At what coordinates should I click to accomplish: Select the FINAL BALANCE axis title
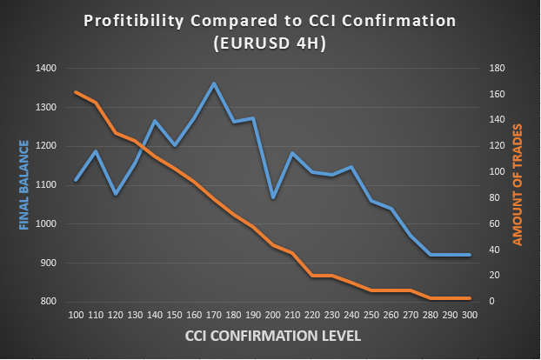tap(24, 185)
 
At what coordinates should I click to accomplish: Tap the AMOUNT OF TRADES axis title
tap(518, 185)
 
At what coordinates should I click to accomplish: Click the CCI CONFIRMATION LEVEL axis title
tap(272, 334)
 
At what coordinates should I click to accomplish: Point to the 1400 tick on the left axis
tap(45, 69)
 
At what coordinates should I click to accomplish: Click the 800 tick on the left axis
tap(48, 302)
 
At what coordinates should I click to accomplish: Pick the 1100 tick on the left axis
tap(45, 185)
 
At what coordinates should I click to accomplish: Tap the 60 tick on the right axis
tap(491, 224)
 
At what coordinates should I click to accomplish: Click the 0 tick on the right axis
tap(489, 302)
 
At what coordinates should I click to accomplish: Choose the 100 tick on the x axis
tap(77, 314)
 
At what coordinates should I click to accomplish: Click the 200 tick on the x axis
tap(273, 314)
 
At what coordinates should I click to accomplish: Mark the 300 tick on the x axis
tap(470, 314)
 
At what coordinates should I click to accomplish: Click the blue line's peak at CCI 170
tap(214, 83)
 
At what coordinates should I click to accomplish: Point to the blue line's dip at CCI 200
tap(273, 198)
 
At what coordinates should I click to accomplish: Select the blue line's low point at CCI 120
tap(116, 194)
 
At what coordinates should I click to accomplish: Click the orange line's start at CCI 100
tap(77, 92)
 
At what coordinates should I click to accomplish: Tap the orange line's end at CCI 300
tap(470, 298)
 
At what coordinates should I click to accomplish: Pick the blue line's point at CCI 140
tap(155, 121)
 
